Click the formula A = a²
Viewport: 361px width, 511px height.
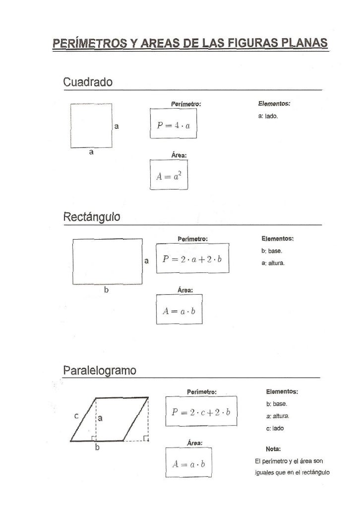[x=169, y=174]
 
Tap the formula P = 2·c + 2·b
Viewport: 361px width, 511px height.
[x=201, y=412]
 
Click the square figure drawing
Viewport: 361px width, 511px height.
[x=91, y=126]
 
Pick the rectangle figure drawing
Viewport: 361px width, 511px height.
[x=107, y=261]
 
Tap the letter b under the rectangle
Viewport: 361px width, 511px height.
[x=106, y=290]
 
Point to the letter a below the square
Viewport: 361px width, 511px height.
[x=91, y=152]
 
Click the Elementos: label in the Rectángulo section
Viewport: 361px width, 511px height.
[x=278, y=239]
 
